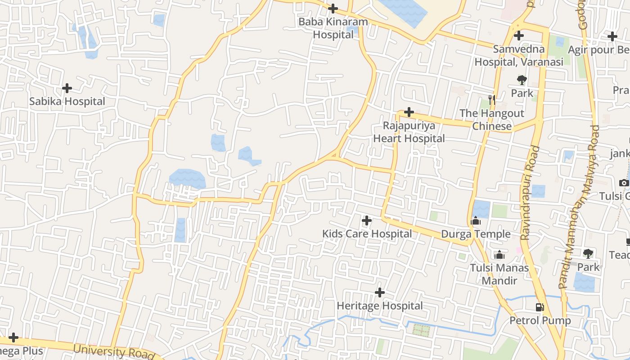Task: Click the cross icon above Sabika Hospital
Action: (67, 88)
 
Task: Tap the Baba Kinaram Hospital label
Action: (333, 28)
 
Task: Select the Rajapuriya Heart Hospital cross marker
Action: (409, 112)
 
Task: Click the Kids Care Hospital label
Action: (367, 234)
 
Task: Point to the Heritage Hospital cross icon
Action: (380, 292)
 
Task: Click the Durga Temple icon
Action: (476, 221)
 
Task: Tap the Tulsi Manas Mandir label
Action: (499, 274)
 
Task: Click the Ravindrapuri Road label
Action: (530, 193)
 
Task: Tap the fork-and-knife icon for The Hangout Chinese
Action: (491, 99)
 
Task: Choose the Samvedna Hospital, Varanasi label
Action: (519, 55)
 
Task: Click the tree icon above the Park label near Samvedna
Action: (522, 80)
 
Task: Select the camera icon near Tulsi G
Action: (624, 183)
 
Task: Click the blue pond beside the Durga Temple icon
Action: (481, 209)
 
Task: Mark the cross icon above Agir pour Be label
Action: (612, 36)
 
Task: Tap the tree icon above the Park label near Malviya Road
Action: (588, 253)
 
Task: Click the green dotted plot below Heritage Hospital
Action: (421, 330)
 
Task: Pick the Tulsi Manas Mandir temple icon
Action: (499, 255)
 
